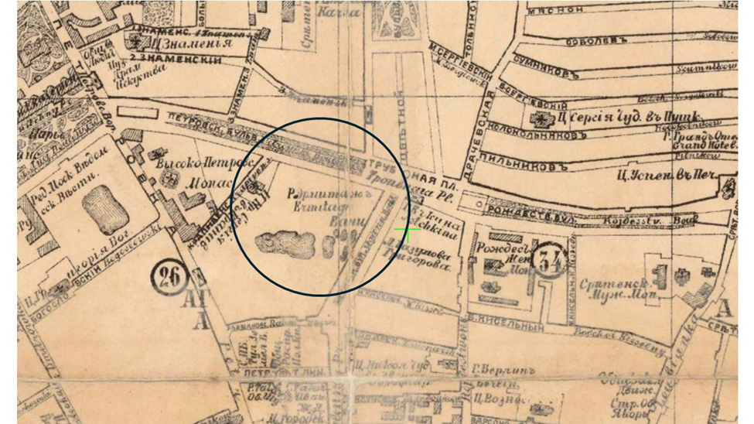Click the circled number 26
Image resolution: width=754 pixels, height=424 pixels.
click(x=166, y=274)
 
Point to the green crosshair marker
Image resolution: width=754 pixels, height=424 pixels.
click(x=407, y=230)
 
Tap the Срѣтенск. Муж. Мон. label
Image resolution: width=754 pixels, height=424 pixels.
click(x=619, y=287)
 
